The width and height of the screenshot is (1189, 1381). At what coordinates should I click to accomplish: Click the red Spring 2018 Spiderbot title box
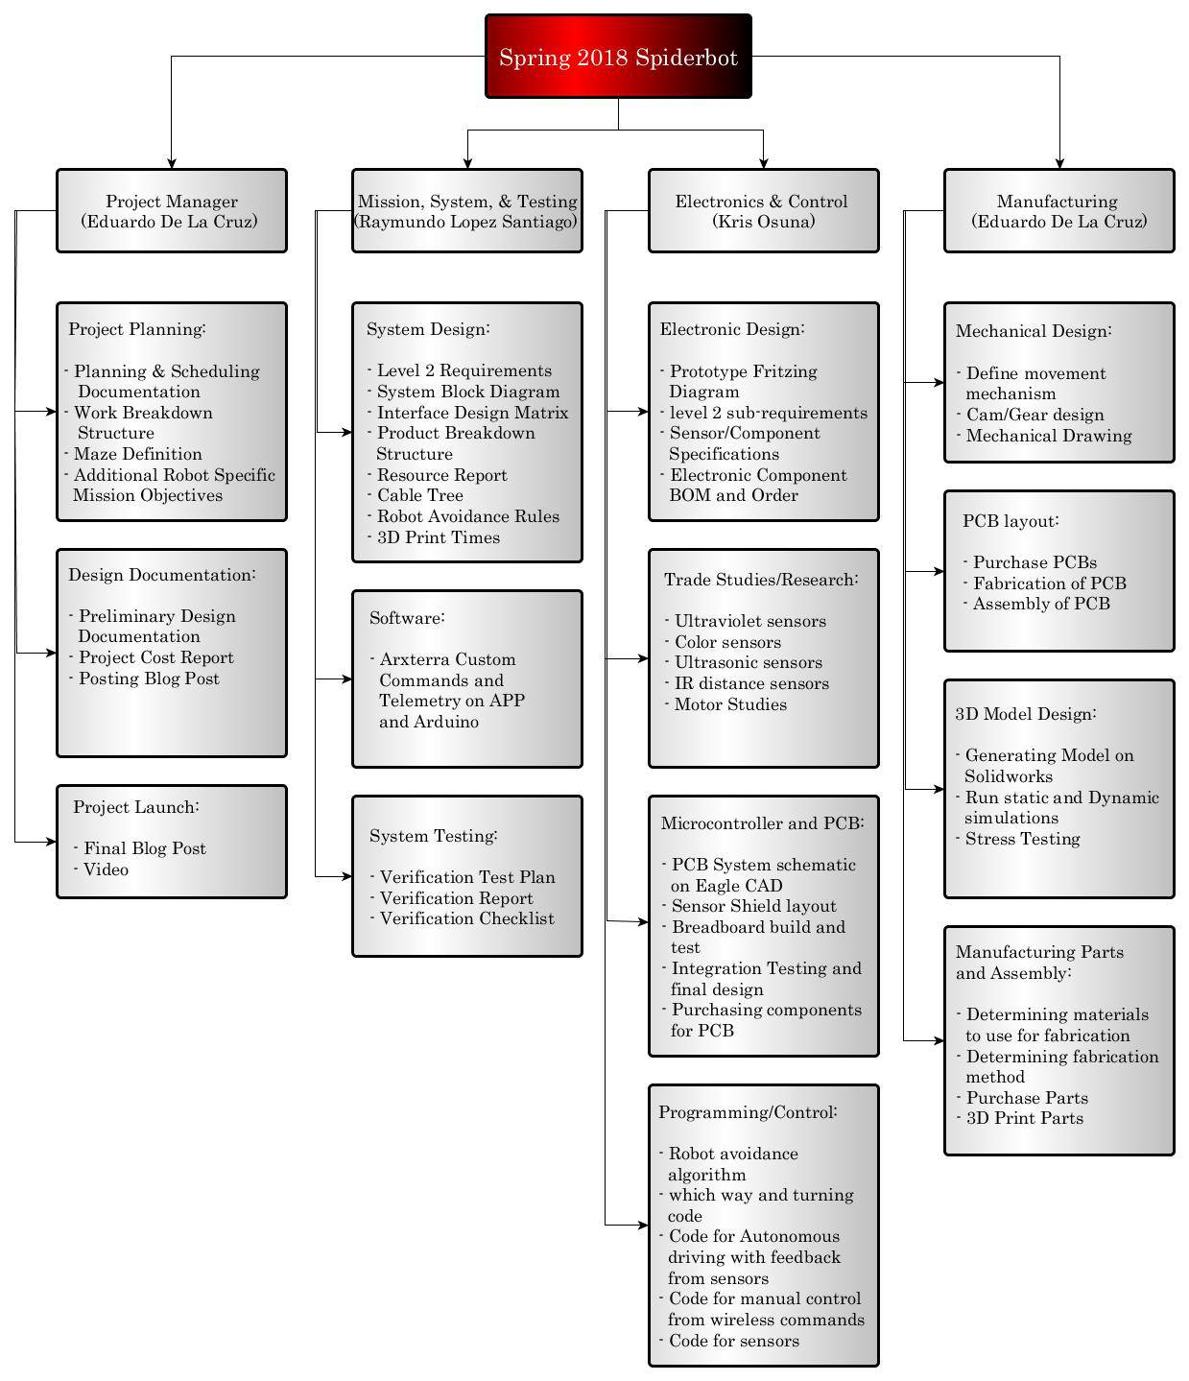[x=618, y=56]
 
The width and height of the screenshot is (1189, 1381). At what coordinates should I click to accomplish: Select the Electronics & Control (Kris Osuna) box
[x=763, y=210]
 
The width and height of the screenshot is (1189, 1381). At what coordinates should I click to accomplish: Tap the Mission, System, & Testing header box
[x=467, y=210]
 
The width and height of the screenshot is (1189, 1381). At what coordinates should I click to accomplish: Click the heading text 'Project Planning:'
[x=137, y=329]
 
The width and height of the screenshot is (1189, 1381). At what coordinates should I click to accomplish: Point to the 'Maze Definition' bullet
[x=133, y=454]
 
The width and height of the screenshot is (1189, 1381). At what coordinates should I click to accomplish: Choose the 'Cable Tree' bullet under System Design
[x=415, y=495]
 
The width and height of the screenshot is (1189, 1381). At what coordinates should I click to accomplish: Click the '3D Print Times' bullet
[x=434, y=537]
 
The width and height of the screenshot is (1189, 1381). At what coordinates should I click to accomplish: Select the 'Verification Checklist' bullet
[x=463, y=918]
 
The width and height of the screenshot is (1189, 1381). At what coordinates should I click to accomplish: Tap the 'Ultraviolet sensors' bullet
[x=745, y=621]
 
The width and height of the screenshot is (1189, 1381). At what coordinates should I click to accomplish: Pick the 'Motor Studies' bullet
[x=725, y=704]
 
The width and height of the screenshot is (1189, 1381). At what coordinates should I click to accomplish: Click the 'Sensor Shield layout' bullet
[x=749, y=906]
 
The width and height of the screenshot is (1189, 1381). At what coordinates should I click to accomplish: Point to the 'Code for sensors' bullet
[x=728, y=1341]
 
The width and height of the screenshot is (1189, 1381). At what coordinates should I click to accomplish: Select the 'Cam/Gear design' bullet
[x=1030, y=415]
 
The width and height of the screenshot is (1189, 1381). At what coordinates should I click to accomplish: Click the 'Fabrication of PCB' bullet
[x=1045, y=583]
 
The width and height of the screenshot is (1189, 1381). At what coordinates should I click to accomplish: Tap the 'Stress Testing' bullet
[x=1017, y=839]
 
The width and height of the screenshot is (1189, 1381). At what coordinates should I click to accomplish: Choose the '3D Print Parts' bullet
[x=1019, y=1118]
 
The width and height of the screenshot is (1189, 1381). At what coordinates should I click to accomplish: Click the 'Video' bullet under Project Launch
[x=101, y=869]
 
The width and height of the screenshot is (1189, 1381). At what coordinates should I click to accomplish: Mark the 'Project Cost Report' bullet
[x=151, y=657]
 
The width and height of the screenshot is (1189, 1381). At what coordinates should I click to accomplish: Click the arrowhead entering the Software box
[x=346, y=679]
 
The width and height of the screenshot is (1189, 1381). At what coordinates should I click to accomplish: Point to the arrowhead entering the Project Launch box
[x=51, y=842]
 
